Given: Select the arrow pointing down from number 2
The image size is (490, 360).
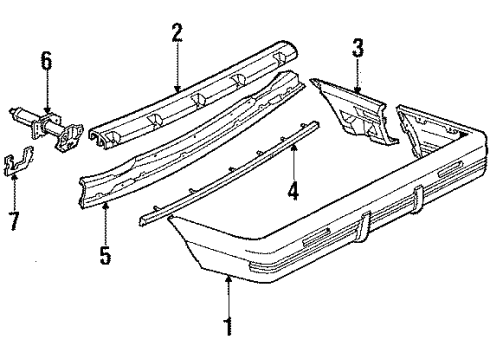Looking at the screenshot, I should [x=176, y=68].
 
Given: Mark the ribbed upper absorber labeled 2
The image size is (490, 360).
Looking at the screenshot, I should [x=200, y=95].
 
